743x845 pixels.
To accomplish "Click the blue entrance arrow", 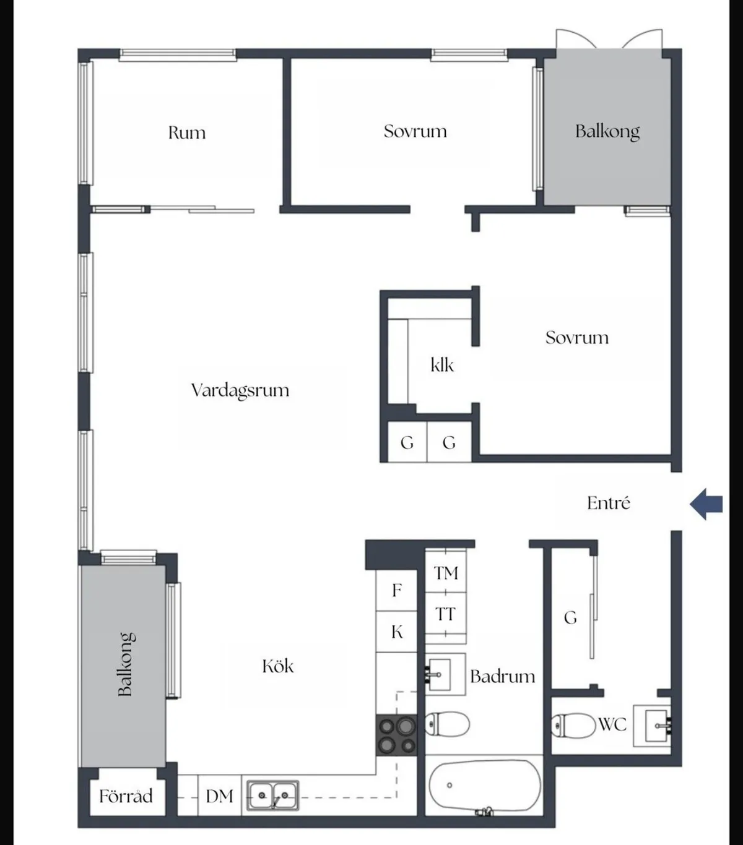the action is [706, 504].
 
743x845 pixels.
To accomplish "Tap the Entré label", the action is [609, 503].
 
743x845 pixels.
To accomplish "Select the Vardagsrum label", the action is [240, 391].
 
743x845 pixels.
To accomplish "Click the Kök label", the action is [278, 666].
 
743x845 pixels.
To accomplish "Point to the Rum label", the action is [187, 133].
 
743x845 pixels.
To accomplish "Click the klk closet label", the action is [442, 365].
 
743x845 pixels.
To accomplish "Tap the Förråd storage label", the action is [126, 796].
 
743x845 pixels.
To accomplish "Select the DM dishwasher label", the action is [220, 796].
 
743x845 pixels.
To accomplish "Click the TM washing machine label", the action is [446, 573].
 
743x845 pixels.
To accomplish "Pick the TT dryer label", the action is [445, 614].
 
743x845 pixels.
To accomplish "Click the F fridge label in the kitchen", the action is [396, 591].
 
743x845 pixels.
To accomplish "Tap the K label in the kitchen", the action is [397, 632].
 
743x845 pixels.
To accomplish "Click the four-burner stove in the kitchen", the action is [396, 735].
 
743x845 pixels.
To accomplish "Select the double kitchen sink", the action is [273, 796].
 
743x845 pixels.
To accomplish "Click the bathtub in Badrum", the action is [485, 787].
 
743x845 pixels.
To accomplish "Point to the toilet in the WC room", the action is [573, 726].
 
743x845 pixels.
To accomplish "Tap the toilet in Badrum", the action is [447, 724].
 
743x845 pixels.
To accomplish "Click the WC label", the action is [613, 724].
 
